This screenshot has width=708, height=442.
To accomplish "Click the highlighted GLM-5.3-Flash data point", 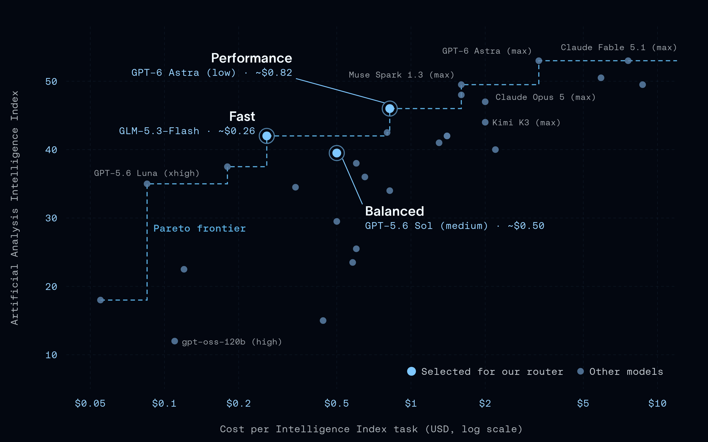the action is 267,136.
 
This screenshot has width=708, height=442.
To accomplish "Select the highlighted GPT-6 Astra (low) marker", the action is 389,109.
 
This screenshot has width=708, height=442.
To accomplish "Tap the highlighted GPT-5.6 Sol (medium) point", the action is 337,153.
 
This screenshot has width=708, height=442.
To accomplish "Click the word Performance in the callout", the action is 252,58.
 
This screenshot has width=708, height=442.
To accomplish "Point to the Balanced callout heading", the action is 394,211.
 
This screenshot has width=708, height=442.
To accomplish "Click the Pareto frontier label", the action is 200,228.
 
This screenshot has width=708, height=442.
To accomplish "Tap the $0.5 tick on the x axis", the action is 337,403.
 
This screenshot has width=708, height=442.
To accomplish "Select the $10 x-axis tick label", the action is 657,403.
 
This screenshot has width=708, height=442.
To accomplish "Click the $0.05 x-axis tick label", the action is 90,403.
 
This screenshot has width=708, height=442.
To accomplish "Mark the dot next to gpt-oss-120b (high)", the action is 174,341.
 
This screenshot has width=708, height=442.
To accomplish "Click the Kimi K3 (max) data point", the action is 485,122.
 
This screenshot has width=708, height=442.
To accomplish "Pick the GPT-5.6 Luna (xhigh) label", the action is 146,173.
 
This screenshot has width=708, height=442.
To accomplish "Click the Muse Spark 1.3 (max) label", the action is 401,75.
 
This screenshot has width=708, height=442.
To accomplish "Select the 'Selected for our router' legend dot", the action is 411,371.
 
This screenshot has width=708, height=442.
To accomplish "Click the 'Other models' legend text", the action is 626,372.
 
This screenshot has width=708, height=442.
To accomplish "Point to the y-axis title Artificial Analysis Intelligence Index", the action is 15,208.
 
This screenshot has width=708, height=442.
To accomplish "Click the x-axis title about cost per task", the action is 371,429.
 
